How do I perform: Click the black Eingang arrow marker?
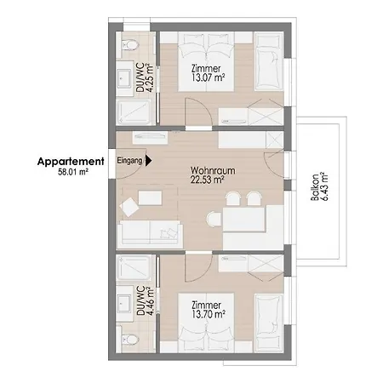pos(149,161)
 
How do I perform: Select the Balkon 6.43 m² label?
pos(319,186)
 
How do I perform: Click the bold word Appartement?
pos(71,162)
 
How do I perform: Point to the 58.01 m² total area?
pos(73,172)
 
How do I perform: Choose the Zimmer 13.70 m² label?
pos(209,310)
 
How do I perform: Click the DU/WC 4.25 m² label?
pos(145,77)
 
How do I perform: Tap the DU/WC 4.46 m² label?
pos(146,300)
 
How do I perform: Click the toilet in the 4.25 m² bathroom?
pos(130,44)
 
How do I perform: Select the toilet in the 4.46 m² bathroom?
pos(130,339)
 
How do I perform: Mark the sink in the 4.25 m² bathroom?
pos(125,78)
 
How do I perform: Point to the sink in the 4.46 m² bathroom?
pos(125,304)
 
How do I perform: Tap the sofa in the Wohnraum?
pos(150,233)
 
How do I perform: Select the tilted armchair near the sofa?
pos(129,207)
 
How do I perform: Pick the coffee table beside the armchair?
pos(150,197)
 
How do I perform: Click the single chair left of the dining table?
pos(214,220)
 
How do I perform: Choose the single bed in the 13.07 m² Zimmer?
pos(269,61)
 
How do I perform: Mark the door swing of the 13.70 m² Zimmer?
pos(198,267)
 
